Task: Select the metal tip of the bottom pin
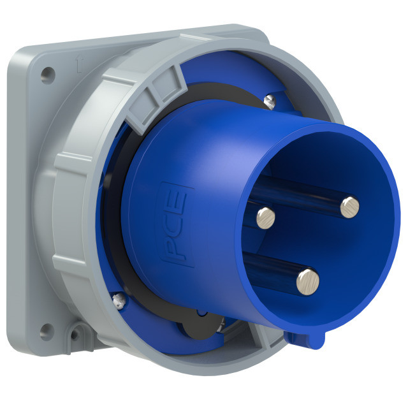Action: pyautogui.click(x=307, y=278)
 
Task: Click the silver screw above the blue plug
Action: pyautogui.click(x=270, y=99)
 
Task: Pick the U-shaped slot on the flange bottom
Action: pyautogui.click(x=78, y=333)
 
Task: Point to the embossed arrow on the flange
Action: pyautogui.click(x=78, y=62)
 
